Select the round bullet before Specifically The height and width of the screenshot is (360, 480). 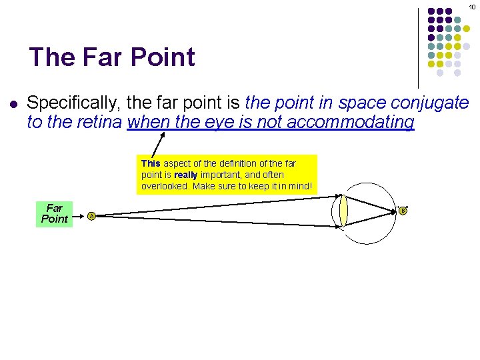point(13,104)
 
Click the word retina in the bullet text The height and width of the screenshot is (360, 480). point(101,122)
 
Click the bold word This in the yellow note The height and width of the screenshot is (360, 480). point(151,163)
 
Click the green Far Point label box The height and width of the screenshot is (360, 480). point(55,214)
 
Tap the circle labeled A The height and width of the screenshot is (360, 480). point(92,215)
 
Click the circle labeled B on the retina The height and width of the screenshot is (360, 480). point(403,211)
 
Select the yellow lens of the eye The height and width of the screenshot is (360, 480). point(343,210)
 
